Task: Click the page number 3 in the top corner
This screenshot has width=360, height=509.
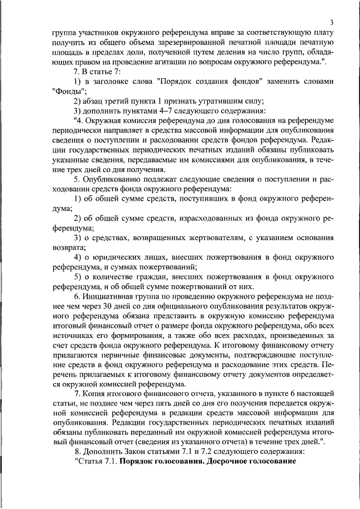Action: click(x=332, y=22)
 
